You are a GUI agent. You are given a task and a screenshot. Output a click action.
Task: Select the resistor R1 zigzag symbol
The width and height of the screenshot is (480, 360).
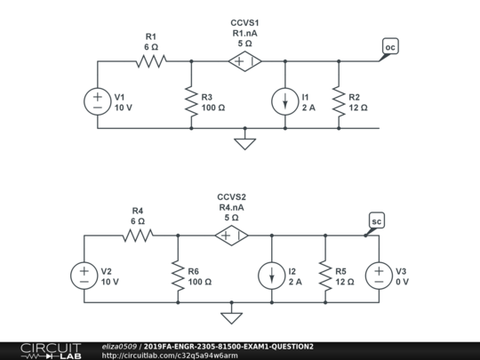150,61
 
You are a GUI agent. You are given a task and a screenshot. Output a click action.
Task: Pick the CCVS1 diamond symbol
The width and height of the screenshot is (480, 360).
244,61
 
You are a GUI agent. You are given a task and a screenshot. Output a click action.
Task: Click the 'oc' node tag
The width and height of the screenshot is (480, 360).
390,45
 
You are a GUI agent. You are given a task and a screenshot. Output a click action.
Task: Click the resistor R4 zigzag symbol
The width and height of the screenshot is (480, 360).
137,236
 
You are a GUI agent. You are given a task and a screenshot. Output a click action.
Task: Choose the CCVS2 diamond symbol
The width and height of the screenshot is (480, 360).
231,236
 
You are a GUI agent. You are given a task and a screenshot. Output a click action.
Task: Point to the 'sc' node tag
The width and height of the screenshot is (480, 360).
376,220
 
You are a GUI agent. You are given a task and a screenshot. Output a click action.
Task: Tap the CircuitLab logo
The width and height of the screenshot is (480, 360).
41,350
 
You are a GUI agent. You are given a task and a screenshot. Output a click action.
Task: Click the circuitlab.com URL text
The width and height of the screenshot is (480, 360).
170,356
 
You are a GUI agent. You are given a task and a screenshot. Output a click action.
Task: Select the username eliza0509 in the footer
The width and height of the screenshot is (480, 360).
119,345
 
